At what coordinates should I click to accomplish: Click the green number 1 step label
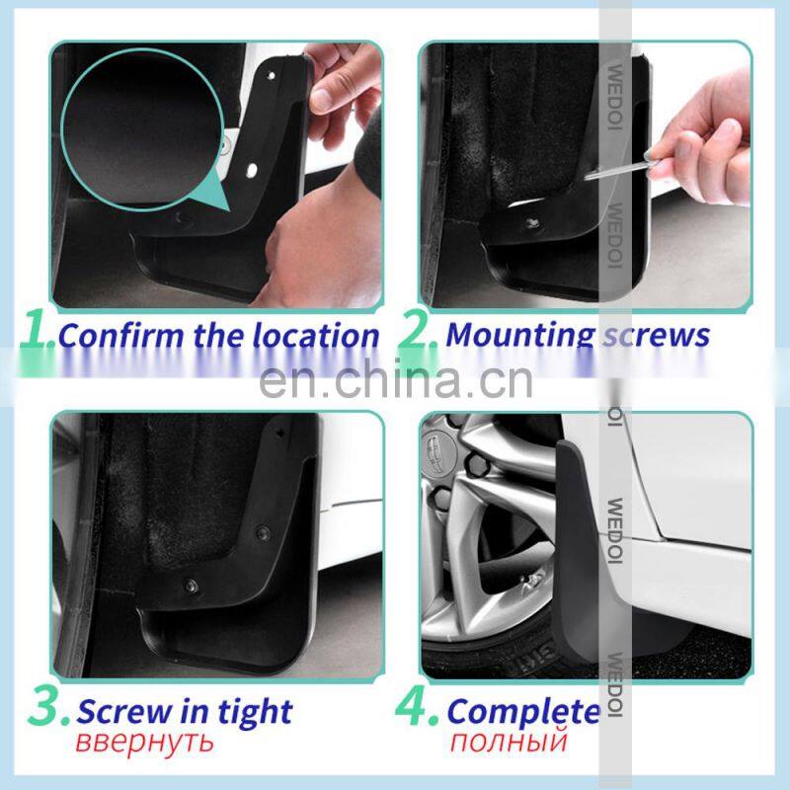[x=36, y=330]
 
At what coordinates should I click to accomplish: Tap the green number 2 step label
[x=416, y=330]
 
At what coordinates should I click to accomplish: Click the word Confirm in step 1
[x=120, y=336]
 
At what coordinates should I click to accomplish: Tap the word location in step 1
[x=315, y=336]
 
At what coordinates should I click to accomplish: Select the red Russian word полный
[x=509, y=742]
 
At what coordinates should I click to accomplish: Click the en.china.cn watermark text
[x=396, y=380]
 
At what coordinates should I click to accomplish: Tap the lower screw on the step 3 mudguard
[x=192, y=586]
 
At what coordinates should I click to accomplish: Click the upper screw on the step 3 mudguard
[x=263, y=532]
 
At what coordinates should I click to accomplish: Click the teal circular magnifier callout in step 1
[x=143, y=130]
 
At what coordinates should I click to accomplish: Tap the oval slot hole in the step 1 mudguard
[x=251, y=170]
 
